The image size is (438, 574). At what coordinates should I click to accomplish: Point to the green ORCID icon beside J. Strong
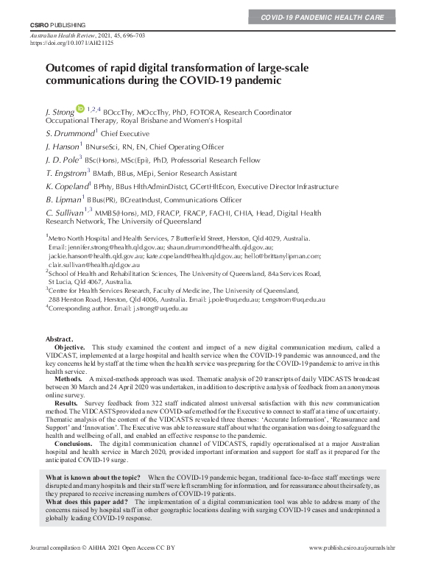tap(80, 108)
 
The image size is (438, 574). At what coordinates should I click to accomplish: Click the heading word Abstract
tap(60, 338)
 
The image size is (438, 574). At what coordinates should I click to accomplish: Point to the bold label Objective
tap(70, 346)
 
